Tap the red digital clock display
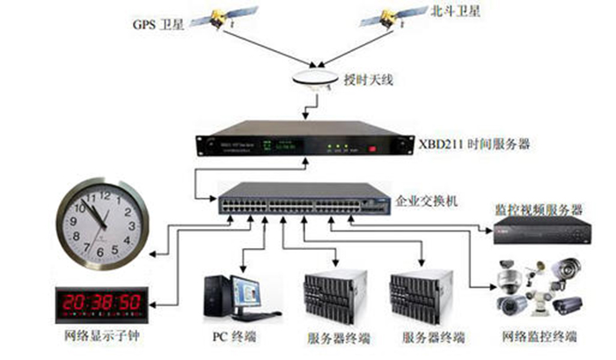(x=99, y=302)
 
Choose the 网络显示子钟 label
(x=97, y=337)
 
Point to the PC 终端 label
(x=232, y=337)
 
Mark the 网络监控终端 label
(x=539, y=337)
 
